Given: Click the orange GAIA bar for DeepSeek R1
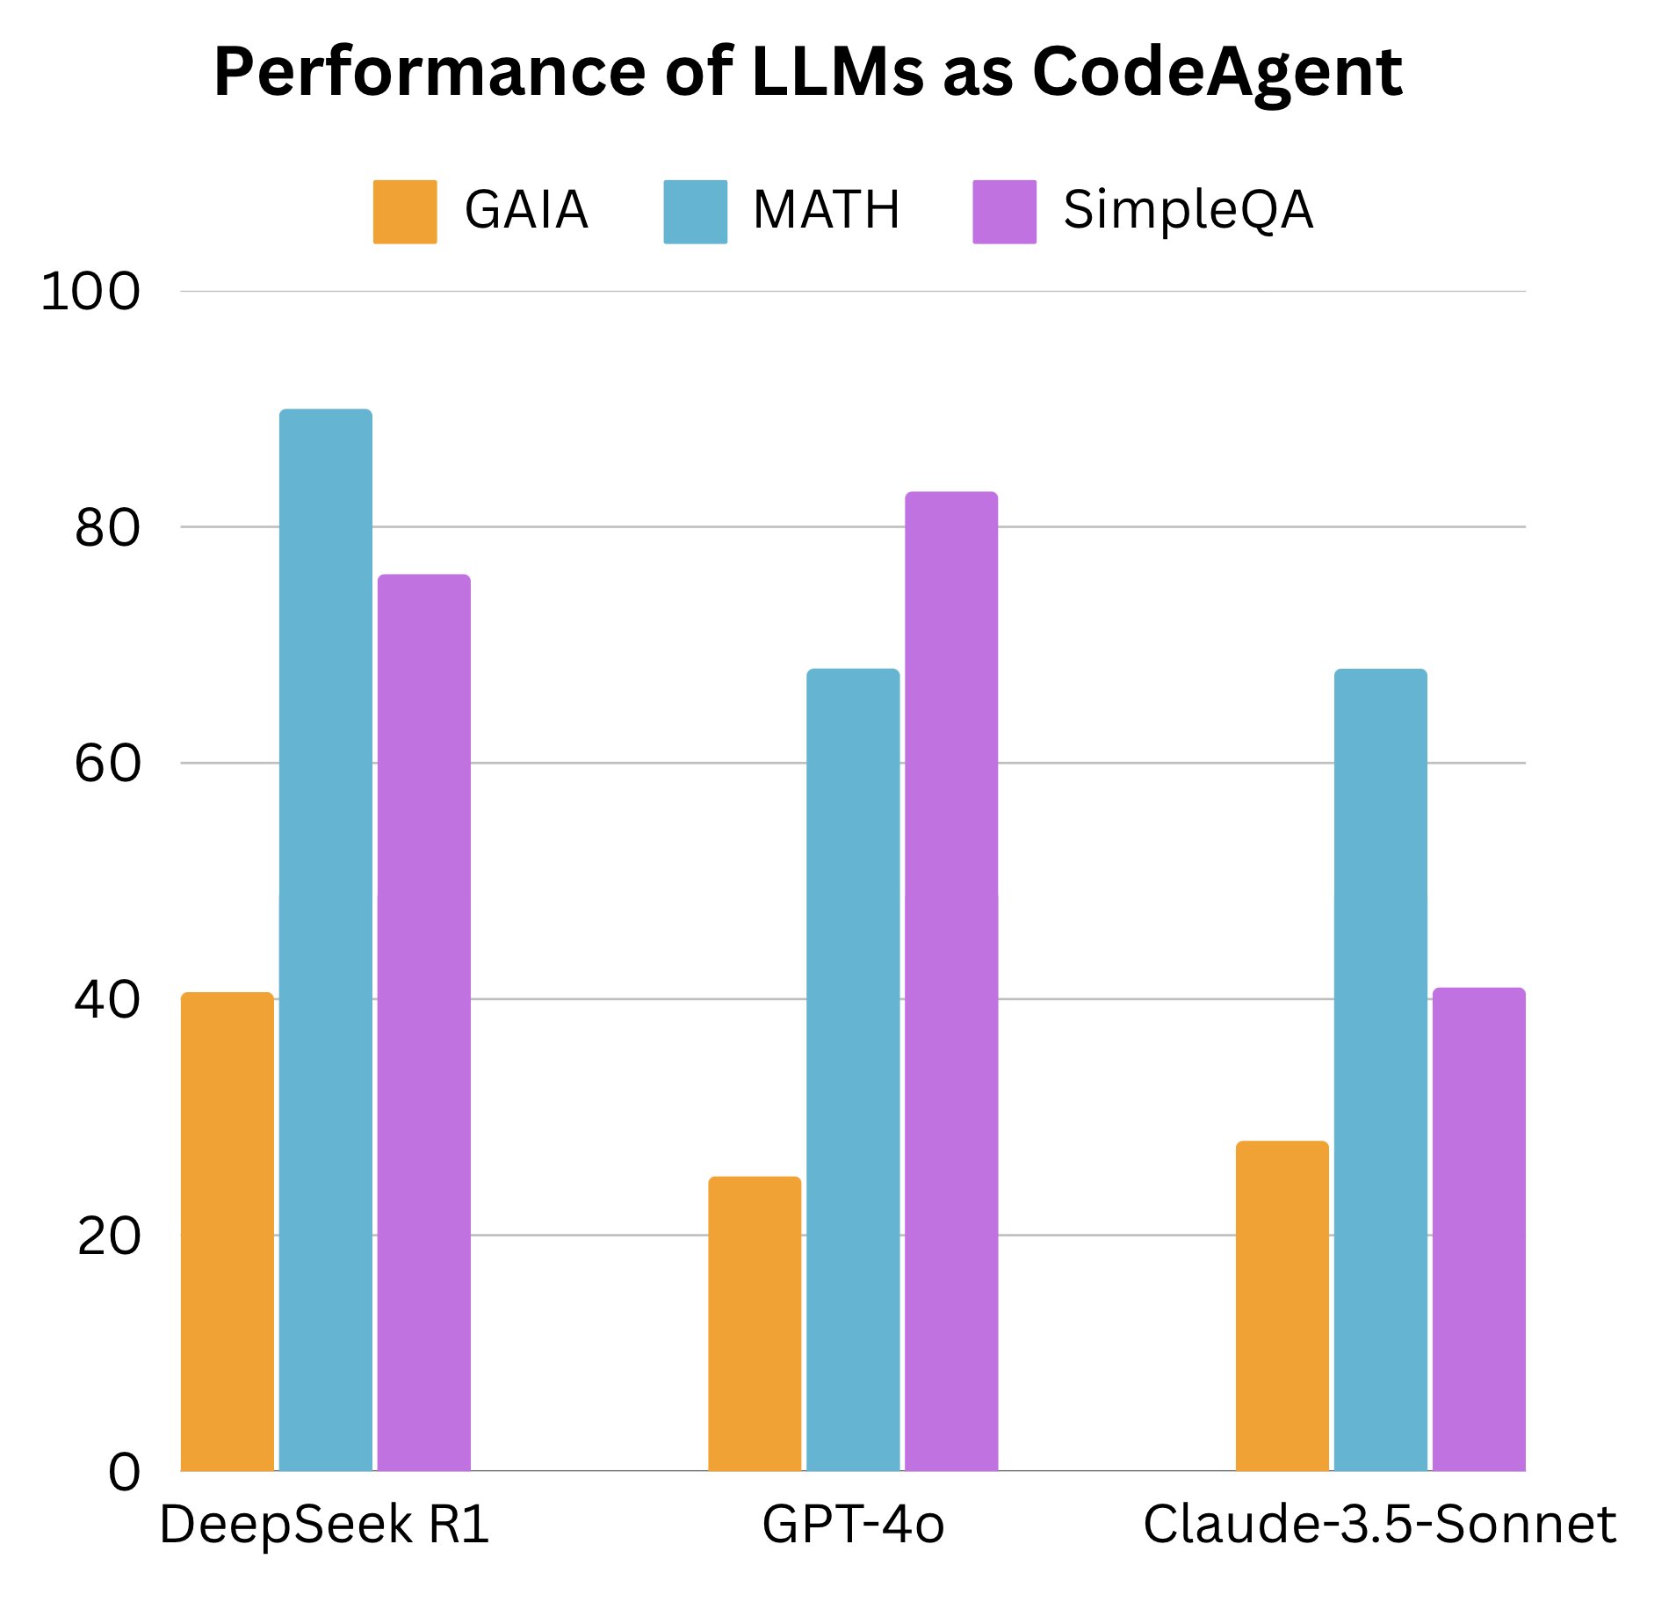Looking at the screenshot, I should click(227, 1230).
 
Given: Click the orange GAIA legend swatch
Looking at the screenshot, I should click(404, 212).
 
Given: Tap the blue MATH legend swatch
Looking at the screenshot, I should click(695, 212).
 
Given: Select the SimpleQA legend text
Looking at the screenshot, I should click(1187, 211).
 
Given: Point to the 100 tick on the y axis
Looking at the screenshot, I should click(90, 292).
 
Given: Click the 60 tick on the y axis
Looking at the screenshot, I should click(107, 763).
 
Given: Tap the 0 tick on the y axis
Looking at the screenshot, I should click(124, 1471).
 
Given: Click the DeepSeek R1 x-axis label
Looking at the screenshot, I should click(324, 1525).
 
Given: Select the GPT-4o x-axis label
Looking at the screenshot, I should click(852, 1525).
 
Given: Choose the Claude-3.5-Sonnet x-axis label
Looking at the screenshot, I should click(1379, 1525).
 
